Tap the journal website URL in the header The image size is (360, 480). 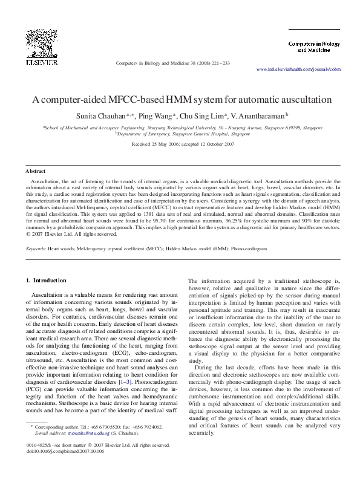coord(299,69)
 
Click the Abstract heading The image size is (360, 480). coord(35,172)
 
